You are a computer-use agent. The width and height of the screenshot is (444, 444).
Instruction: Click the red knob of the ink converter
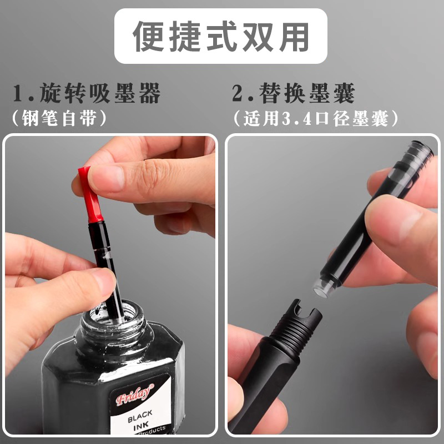tap(88, 194)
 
